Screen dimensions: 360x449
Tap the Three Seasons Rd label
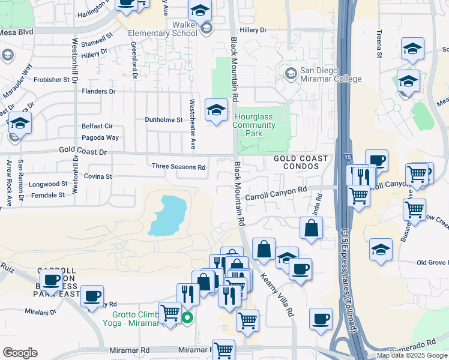coord(178,166)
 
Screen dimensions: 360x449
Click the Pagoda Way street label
coord(100,137)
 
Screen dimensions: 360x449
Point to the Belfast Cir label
coord(97,127)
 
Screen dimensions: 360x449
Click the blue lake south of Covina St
coord(167,214)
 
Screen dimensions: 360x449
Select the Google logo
coord(20,353)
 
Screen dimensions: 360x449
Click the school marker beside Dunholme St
coord(216,110)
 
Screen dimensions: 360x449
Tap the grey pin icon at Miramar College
coord(291,74)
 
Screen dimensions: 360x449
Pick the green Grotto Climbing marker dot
coord(187,318)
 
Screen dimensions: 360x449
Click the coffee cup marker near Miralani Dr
coord(92,295)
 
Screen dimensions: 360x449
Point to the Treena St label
coord(379,44)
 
